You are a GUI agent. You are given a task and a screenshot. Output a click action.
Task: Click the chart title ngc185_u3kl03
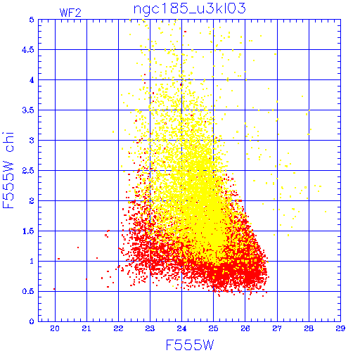click(x=189, y=9)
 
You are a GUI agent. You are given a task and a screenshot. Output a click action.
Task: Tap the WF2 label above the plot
click(x=70, y=13)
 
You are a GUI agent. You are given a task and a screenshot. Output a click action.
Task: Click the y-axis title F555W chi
click(x=8, y=170)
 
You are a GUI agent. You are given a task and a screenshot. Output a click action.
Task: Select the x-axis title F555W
click(x=190, y=345)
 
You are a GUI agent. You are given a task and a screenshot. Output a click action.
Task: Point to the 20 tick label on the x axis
click(x=55, y=328)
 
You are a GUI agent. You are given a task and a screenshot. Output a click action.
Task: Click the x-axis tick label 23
click(x=150, y=328)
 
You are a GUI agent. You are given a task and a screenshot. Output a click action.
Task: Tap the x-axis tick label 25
click(x=213, y=328)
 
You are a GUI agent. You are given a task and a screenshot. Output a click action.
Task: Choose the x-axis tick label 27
click(x=277, y=328)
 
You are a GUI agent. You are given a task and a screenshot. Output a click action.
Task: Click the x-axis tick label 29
click(x=340, y=328)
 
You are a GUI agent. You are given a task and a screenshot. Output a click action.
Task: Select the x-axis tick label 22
click(x=118, y=328)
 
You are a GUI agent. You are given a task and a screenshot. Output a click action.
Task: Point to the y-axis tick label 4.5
click(x=28, y=50)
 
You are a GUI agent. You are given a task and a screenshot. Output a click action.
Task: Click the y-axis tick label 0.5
click(x=28, y=291)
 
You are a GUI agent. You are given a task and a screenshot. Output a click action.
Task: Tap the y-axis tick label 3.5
click(x=28, y=110)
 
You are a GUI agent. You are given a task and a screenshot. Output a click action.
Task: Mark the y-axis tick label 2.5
click(x=28, y=171)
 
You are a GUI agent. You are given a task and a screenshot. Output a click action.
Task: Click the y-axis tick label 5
click(x=32, y=20)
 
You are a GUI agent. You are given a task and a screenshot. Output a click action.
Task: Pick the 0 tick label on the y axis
click(x=32, y=321)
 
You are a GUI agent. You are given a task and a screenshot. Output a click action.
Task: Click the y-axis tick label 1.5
click(x=28, y=231)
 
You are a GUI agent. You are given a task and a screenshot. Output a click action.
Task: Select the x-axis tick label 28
click(x=309, y=328)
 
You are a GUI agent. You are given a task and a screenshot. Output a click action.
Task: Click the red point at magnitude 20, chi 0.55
click(x=54, y=289)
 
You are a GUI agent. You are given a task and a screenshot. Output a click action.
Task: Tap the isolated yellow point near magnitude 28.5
click(x=326, y=212)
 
